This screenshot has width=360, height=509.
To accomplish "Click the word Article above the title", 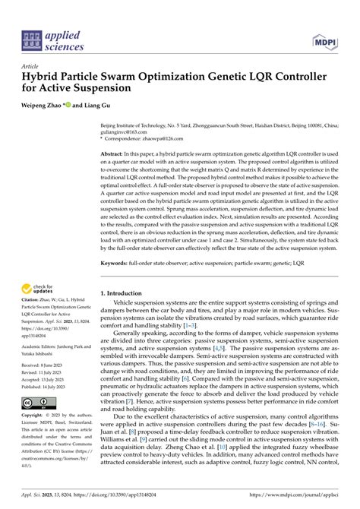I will point(32,67).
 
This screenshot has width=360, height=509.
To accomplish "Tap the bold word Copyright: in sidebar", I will point(35,416).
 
